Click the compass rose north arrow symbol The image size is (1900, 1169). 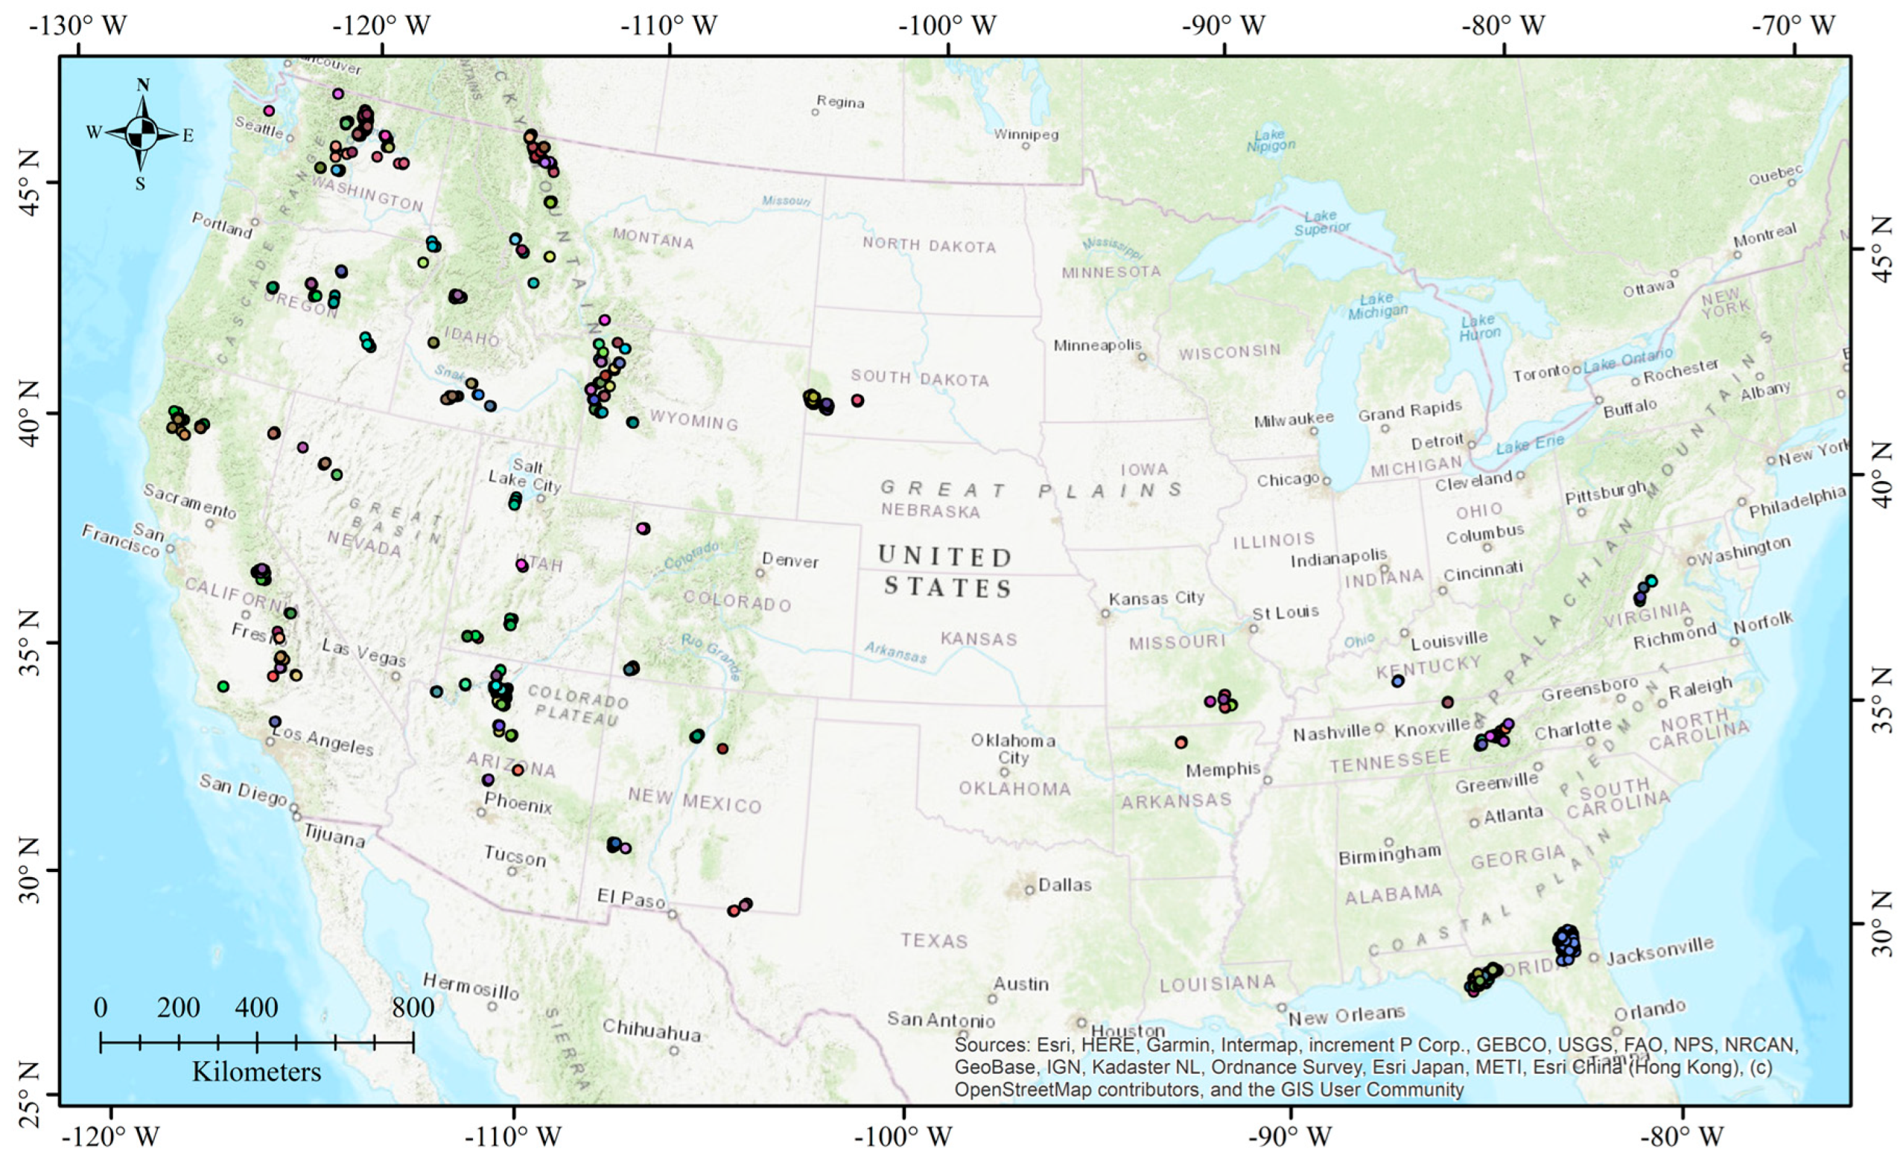tap(141, 134)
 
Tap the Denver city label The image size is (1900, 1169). tap(789, 560)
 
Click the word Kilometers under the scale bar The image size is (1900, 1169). tap(256, 1071)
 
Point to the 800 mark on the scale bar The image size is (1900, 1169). tap(413, 1007)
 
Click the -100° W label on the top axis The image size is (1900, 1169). tap(947, 25)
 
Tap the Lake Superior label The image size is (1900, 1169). tap(1321, 223)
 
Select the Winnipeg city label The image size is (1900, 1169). tap(1026, 135)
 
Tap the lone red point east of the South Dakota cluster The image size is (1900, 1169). tap(857, 401)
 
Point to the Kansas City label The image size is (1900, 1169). tap(1156, 598)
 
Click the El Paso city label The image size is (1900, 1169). tap(631, 899)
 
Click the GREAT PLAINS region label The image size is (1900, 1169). tap(1031, 489)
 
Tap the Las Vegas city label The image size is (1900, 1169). tap(363, 652)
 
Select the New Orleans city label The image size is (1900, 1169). tap(1347, 1014)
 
